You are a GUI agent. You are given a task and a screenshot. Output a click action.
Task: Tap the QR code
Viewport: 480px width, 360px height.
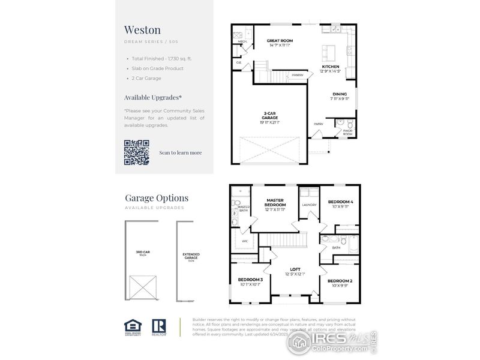point(136,152)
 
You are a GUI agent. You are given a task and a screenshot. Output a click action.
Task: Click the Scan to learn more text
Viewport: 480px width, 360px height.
point(180,152)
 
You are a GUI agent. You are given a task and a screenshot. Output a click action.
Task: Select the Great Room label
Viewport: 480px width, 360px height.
point(278,42)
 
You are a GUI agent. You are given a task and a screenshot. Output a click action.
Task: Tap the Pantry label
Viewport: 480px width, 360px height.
point(298,75)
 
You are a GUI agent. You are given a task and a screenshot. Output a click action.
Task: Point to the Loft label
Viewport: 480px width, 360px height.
point(295,271)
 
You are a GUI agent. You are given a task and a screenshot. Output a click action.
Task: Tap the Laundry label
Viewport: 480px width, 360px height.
point(310,204)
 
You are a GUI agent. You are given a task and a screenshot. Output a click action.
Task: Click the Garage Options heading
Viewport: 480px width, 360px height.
point(157,197)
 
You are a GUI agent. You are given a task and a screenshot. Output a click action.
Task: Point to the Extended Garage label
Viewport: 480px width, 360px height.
point(191,256)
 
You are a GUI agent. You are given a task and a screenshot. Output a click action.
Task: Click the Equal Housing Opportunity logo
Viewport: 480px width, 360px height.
point(132,326)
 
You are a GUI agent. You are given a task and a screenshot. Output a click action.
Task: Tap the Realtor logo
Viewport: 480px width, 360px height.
point(159,326)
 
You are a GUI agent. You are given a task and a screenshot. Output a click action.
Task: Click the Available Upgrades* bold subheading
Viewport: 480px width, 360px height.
point(153,97)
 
